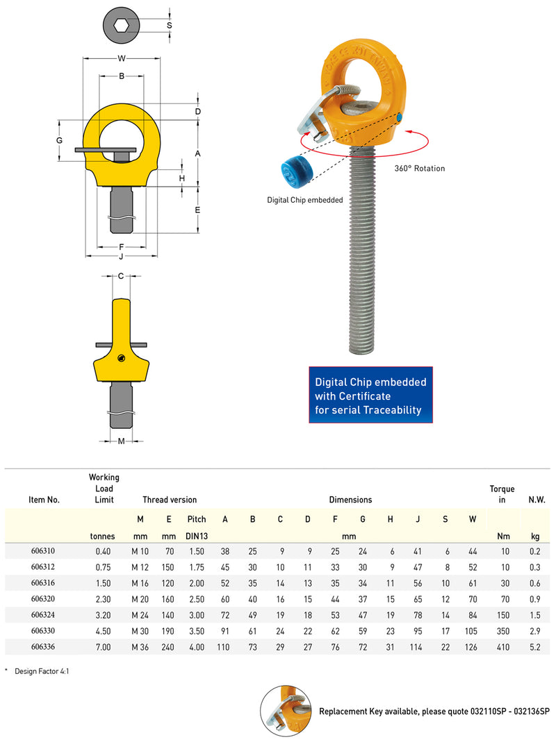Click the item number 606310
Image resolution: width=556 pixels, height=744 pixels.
43,551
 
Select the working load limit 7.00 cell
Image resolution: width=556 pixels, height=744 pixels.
104,647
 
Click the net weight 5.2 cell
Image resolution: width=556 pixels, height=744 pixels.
535,647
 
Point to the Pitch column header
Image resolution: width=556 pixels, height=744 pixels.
197,519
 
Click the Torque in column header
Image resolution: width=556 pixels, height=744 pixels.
502,494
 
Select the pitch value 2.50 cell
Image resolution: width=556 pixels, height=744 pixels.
197,599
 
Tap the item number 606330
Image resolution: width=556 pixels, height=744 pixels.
43,631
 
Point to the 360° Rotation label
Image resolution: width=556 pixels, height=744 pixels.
420,168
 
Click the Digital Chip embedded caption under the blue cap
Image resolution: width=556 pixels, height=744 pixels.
305,200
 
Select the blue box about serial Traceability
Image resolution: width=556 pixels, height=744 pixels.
370,396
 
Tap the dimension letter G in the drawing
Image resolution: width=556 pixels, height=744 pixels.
60,141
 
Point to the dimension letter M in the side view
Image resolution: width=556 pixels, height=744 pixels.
121,441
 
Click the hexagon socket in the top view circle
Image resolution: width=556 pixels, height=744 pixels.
121,26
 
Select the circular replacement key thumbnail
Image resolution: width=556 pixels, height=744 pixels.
286,711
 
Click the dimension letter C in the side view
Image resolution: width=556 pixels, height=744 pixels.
121,276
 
